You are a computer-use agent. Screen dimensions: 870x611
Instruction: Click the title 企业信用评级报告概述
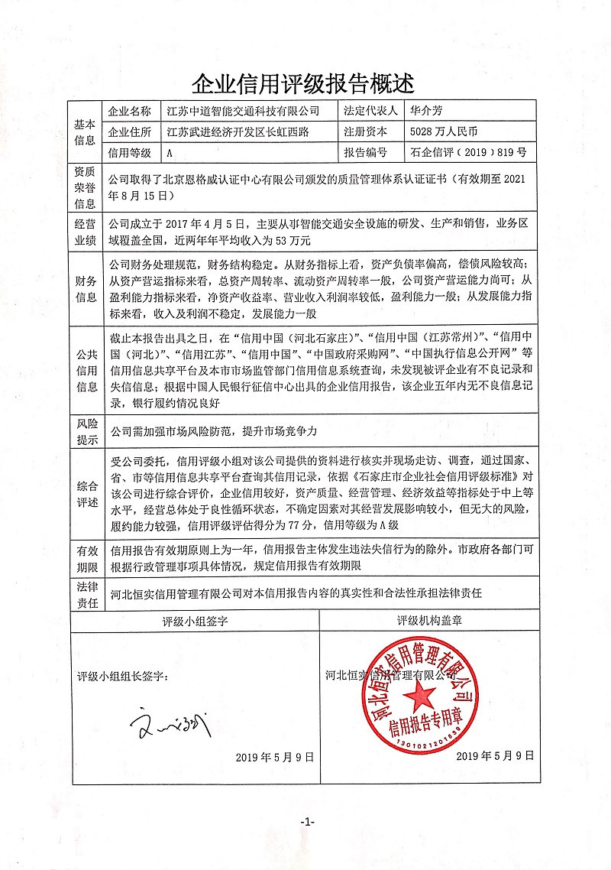click(305, 82)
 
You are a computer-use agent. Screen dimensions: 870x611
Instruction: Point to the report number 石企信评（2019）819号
click(467, 153)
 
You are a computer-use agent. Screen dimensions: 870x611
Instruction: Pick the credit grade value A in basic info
click(170, 153)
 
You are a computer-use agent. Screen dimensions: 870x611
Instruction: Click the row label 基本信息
click(84, 131)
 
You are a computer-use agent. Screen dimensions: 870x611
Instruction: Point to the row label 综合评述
click(84, 495)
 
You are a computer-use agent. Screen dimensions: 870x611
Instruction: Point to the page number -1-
click(306, 822)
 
